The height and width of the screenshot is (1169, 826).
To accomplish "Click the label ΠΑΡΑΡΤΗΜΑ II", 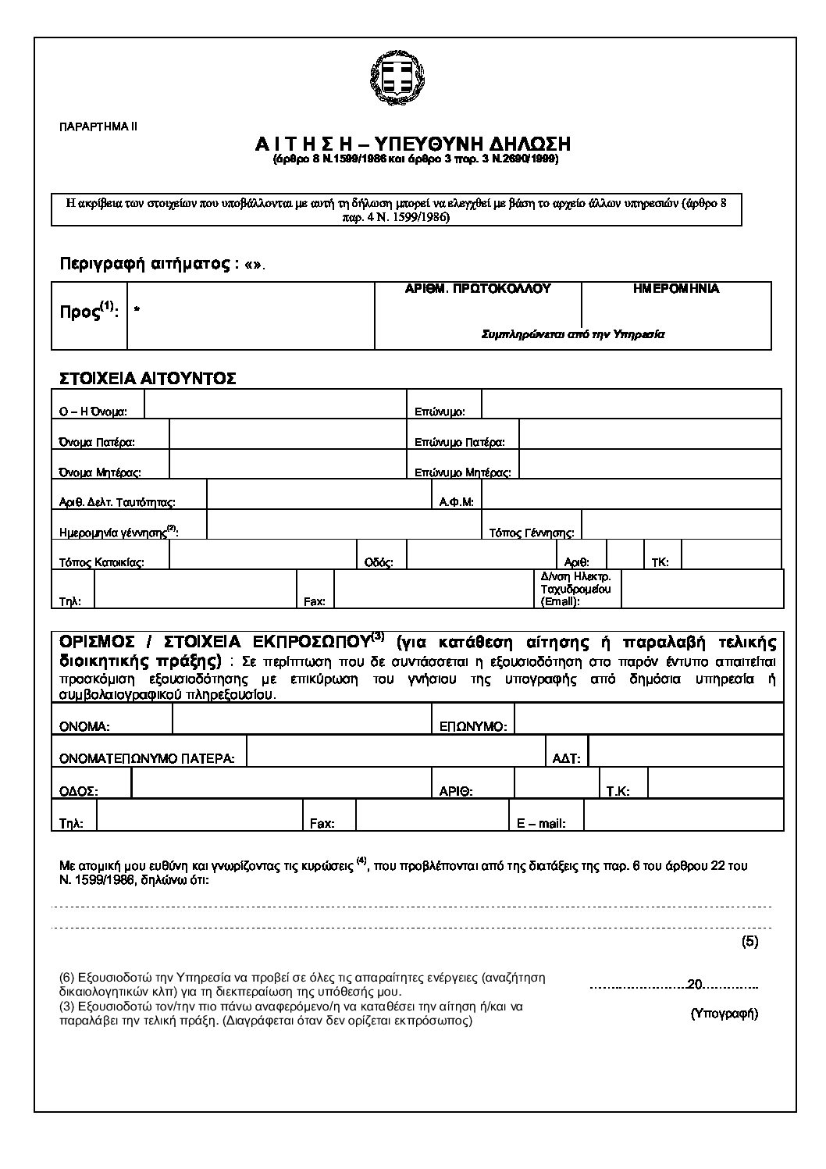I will pos(98,126).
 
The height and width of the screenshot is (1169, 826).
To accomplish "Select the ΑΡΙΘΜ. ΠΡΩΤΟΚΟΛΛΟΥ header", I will pos(478,289).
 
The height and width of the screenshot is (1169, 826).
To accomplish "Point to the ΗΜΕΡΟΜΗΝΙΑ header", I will pos(676,289).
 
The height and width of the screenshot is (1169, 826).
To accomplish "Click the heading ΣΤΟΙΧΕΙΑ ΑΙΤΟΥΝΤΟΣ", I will pos(148,379).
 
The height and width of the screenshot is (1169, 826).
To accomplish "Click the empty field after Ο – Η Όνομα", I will pos(275,406).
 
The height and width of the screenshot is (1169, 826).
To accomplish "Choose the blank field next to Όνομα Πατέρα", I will pos(287,436).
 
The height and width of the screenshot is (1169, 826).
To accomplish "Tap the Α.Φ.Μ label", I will pos(457,502).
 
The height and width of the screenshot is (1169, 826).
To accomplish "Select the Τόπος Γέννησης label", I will pos(532,533).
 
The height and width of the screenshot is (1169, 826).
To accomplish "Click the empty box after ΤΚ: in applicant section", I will pos(731,556).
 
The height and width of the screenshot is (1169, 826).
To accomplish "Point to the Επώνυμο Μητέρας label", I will pos(463,472).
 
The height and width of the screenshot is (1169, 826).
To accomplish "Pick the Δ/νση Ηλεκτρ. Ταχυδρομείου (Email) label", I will pos(575,589).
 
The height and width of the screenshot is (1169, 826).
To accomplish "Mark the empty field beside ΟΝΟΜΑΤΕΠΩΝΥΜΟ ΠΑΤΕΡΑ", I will pos(394,751).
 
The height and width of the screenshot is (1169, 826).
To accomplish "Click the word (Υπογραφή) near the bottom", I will pos(725,1014).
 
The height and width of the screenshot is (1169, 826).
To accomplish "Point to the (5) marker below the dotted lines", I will pos(749,941).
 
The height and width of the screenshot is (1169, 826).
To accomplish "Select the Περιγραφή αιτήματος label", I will pos(144,264).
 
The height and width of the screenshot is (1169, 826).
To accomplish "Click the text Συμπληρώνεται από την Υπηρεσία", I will pos(572,333).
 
